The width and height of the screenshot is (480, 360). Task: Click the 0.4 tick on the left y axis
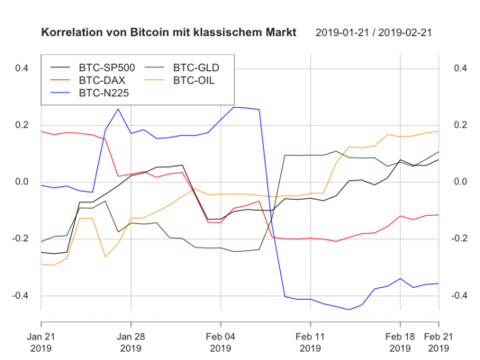(21, 68)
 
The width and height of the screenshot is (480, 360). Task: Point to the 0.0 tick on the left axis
(21, 182)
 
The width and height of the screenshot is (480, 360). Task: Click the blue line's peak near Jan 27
(118, 110)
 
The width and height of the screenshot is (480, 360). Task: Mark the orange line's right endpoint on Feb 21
(438, 131)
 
